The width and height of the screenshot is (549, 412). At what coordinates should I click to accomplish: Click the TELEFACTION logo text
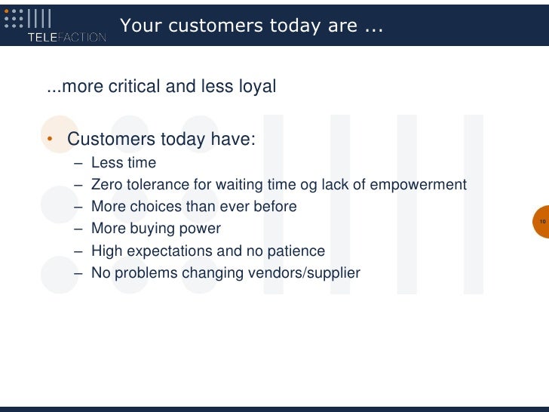point(66,37)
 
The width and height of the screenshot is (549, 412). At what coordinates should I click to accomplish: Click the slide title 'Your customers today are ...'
point(251,26)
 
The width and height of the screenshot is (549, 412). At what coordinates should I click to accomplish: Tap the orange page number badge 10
point(541,222)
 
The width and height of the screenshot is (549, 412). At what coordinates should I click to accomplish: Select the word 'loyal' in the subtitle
point(257,87)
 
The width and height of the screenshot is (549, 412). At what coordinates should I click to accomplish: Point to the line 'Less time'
point(124,163)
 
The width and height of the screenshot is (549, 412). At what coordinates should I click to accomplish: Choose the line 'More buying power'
point(155,229)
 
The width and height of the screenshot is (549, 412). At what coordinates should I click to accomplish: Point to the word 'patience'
point(296,251)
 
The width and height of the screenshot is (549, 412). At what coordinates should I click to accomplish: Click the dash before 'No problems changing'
point(79,272)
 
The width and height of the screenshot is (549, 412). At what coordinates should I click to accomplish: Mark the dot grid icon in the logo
point(14,19)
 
